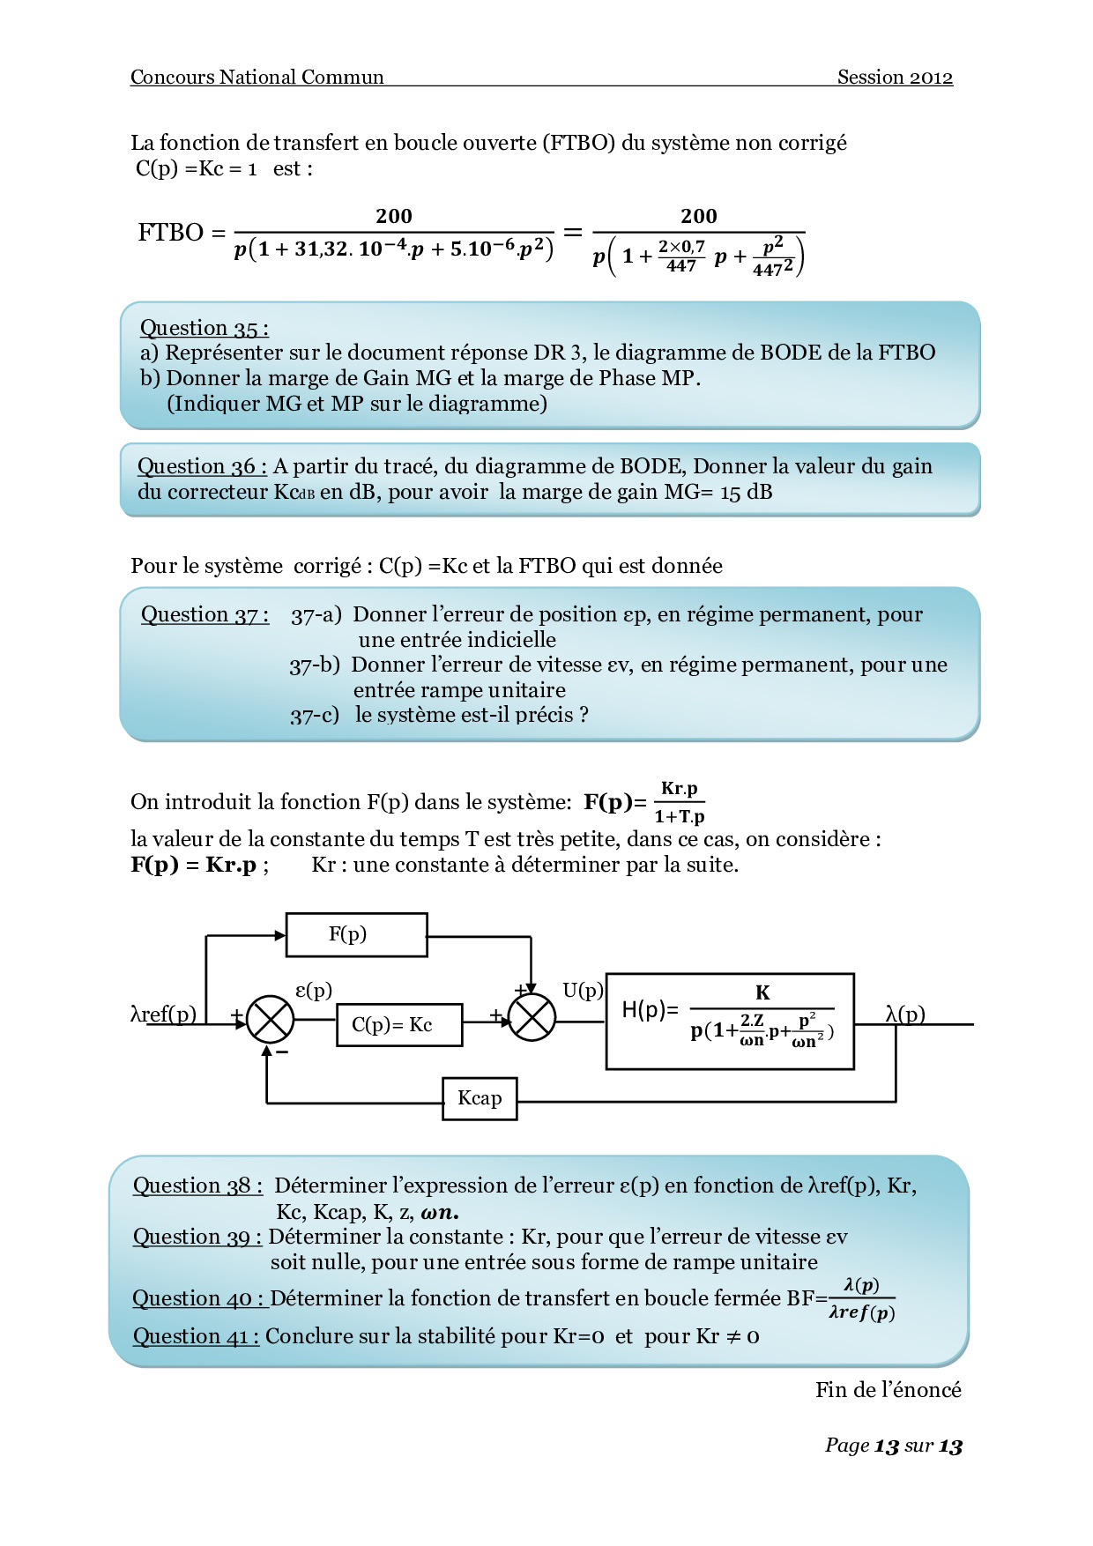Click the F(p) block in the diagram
(356, 934)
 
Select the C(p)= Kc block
(399, 1024)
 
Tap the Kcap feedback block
(480, 1098)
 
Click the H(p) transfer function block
(730, 1021)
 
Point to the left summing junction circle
(269, 1020)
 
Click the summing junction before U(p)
(532, 1018)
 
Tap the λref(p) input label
(164, 1014)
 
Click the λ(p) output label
(905, 1014)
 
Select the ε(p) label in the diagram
(314, 990)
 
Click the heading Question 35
(204, 328)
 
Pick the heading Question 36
(202, 466)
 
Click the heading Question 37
(204, 614)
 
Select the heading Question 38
(197, 1186)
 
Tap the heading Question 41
(196, 1336)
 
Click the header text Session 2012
(895, 78)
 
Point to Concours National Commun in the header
(257, 78)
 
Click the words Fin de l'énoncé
(888, 1390)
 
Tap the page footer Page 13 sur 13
(893, 1446)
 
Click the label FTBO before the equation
(171, 233)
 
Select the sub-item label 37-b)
(315, 665)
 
